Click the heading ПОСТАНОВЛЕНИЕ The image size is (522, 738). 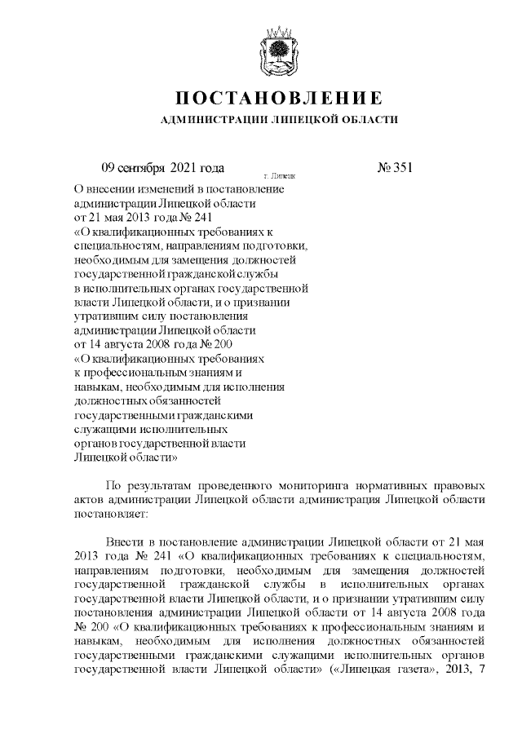279,99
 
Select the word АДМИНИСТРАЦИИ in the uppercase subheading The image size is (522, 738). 212,120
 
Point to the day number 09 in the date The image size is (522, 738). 108,168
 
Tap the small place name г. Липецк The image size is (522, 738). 279,175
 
